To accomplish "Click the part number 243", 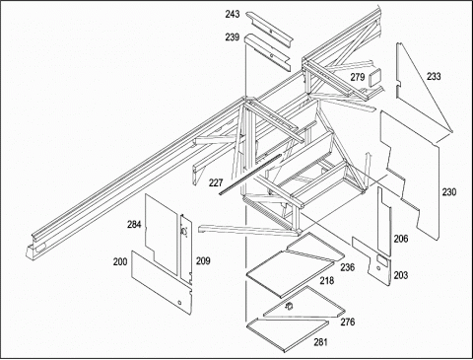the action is pyautogui.click(x=233, y=14).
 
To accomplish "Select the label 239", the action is pyautogui.click(x=233, y=37).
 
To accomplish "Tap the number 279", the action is pyautogui.click(x=358, y=77).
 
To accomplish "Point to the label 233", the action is pyautogui.click(x=434, y=77).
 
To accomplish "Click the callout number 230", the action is pyautogui.click(x=449, y=191).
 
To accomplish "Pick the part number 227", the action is pyautogui.click(x=216, y=182).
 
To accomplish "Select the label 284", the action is pyautogui.click(x=134, y=225).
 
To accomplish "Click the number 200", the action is pyautogui.click(x=120, y=262).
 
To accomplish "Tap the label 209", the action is pyautogui.click(x=203, y=261).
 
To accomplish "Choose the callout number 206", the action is pyautogui.click(x=401, y=239).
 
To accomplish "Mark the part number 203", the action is pyautogui.click(x=401, y=275).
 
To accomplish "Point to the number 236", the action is pyautogui.click(x=348, y=267).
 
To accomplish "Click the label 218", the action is pyautogui.click(x=326, y=280).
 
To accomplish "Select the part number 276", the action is pyautogui.click(x=348, y=322).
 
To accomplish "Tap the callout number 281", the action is pyautogui.click(x=320, y=342).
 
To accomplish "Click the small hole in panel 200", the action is pyautogui.click(x=179, y=302).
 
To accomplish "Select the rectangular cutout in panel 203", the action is pyautogui.click(x=381, y=260).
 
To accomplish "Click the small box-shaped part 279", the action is pyautogui.click(x=375, y=77).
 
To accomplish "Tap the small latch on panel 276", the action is pyautogui.click(x=290, y=306).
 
